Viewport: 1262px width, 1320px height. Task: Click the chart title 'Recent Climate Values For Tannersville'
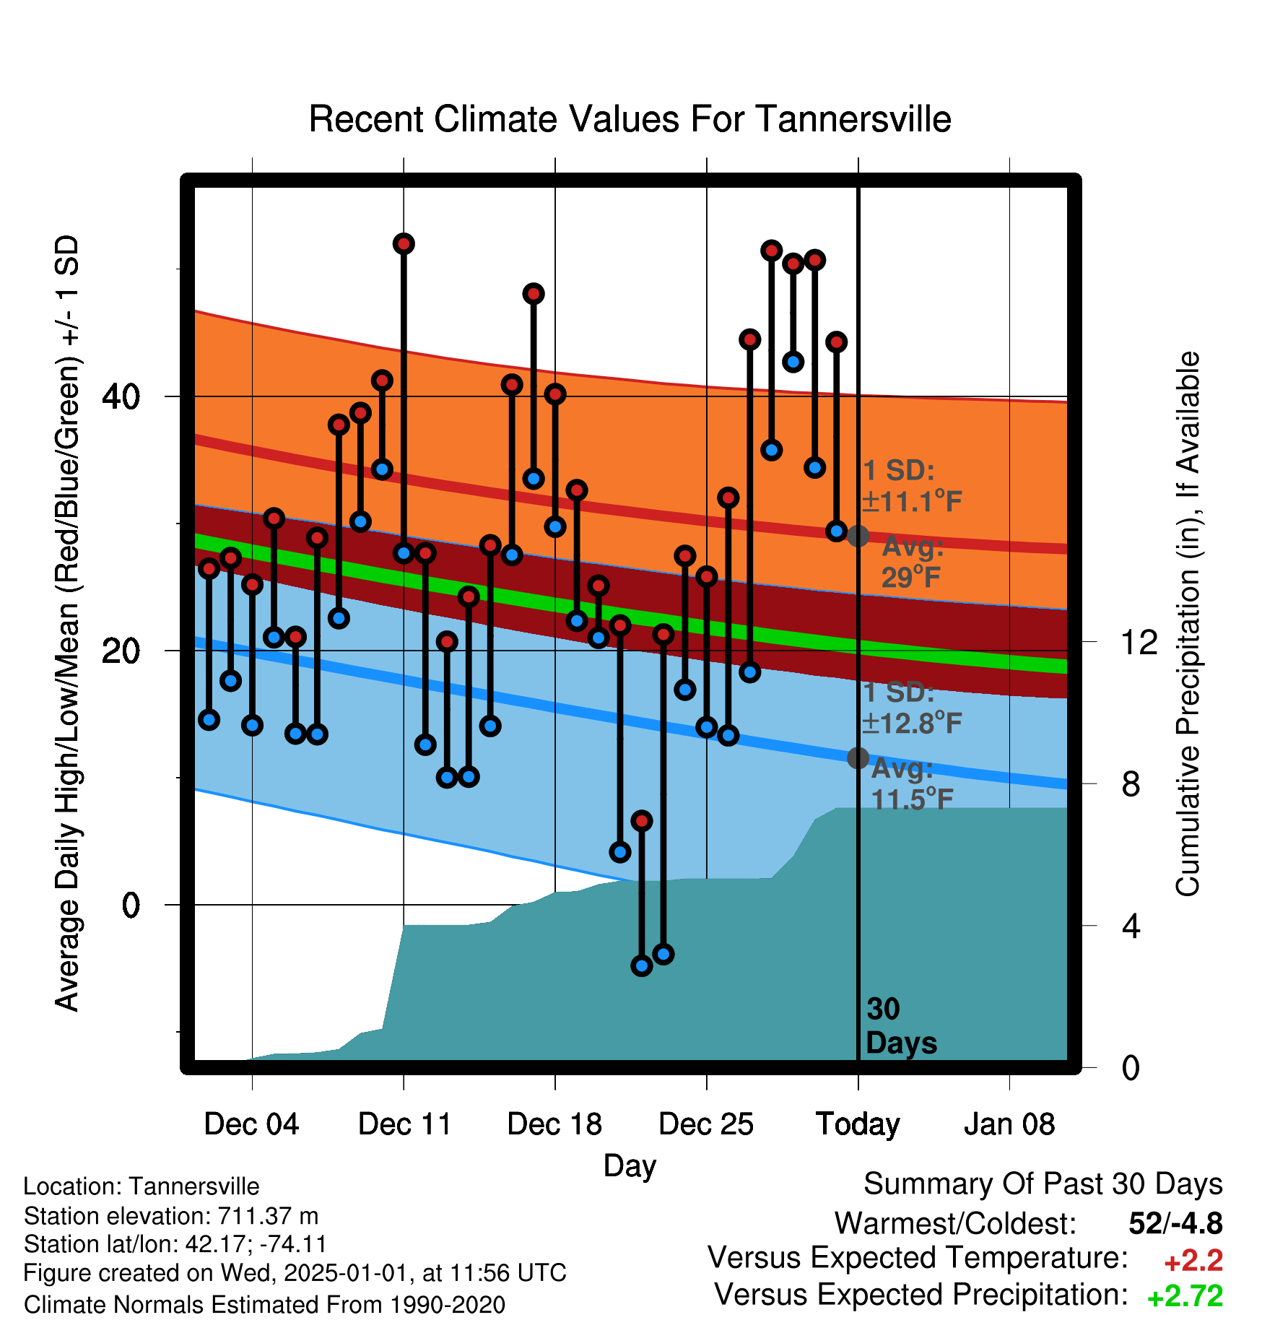point(630,119)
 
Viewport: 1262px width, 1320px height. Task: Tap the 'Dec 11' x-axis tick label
point(404,1124)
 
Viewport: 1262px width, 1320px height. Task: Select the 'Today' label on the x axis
point(858,1124)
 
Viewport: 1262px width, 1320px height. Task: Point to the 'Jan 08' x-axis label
point(1009,1124)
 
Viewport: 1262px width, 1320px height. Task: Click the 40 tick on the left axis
point(121,396)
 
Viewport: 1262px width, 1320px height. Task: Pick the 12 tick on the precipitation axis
point(1139,642)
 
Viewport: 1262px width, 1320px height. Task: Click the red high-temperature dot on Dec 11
point(404,244)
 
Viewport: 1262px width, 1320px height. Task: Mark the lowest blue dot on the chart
point(641,966)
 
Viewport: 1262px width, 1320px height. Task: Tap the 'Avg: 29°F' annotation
point(913,562)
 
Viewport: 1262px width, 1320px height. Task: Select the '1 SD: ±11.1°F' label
point(913,485)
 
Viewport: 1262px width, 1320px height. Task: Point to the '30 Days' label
point(901,1026)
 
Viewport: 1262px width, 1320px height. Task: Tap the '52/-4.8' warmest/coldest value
point(1176,1223)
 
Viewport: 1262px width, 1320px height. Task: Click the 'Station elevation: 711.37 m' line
point(171,1216)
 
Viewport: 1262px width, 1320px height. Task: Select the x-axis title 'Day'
point(630,1166)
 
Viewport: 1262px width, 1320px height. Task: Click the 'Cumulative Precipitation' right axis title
point(1188,625)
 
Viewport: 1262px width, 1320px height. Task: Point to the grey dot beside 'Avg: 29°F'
point(858,536)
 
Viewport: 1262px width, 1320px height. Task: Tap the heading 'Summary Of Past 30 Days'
point(1043,1184)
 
